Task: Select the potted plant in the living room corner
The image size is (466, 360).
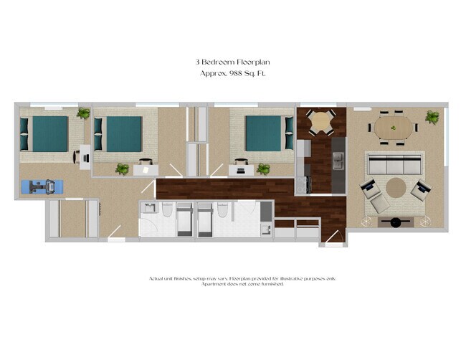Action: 432,116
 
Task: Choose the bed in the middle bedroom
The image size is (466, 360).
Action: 123,133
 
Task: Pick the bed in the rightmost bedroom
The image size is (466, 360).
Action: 265,133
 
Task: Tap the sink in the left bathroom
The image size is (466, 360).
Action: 149,209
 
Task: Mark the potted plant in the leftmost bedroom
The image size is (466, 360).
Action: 84,113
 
